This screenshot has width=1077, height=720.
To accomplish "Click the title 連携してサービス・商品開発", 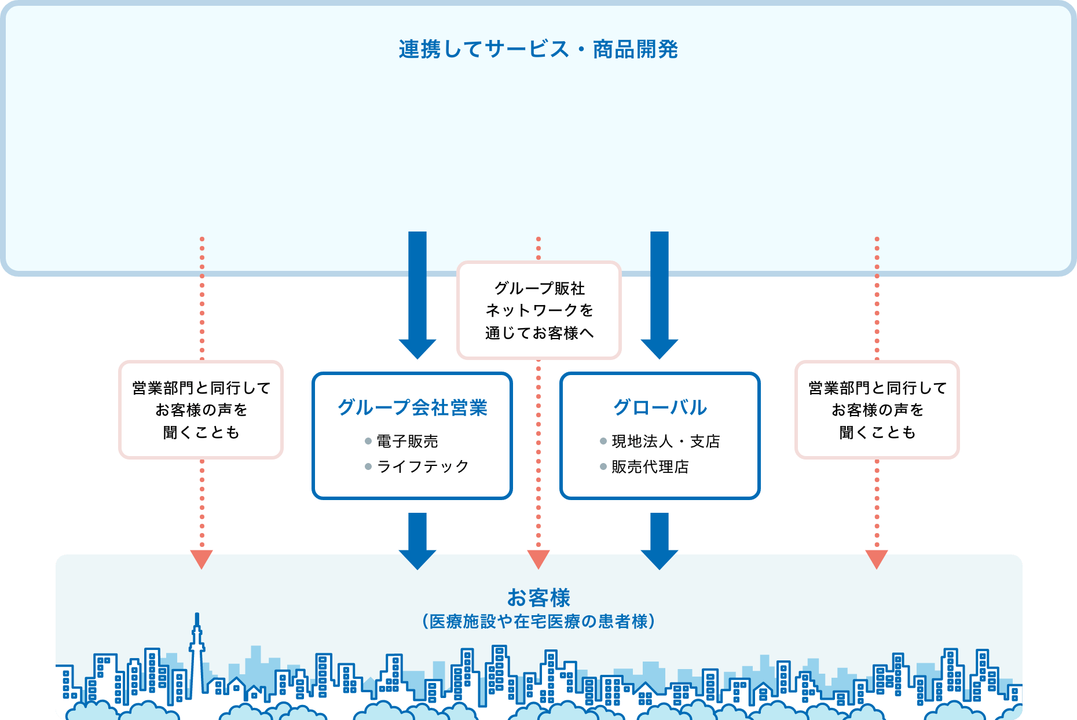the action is (538, 50).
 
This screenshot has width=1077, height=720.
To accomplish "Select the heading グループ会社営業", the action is (412, 407).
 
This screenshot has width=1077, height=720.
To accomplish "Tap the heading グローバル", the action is (660, 407).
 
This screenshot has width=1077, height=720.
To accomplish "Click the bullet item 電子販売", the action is (407, 441).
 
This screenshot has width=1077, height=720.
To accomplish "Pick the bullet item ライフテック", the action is (423, 466).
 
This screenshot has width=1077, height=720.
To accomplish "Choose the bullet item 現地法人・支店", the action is (666, 441).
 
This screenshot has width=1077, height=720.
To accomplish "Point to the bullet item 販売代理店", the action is (650, 466).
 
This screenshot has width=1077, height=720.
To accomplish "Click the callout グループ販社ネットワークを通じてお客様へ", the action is (539, 310).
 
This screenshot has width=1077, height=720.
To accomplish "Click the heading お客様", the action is (538, 597).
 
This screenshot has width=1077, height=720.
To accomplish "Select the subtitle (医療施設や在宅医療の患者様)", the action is (538, 622).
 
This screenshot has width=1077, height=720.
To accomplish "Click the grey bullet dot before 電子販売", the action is (368, 441).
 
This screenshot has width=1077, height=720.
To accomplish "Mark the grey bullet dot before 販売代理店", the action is (603, 466).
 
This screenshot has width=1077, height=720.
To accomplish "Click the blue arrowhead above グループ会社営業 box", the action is (417, 348).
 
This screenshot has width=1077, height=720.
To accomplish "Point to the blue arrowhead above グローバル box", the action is (660, 348).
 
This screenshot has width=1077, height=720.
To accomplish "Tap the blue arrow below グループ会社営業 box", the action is (417, 541).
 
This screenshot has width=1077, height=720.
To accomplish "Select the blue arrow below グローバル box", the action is (660, 541).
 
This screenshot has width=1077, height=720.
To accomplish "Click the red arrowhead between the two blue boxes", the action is (538, 559).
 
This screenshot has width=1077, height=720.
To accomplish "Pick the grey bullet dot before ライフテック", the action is (368, 466).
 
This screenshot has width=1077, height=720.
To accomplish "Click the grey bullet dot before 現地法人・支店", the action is (603, 441).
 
